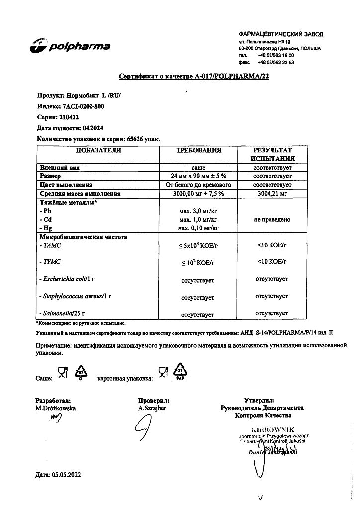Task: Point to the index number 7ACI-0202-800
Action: coord(84,107)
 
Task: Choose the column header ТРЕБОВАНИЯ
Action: coord(199,150)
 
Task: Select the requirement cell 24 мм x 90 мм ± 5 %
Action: coord(199,176)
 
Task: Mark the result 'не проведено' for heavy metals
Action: coord(271,219)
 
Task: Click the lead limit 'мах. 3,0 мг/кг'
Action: coord(198,211)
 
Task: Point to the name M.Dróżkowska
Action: coord(56,408)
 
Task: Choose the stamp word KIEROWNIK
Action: coord(273,429)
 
